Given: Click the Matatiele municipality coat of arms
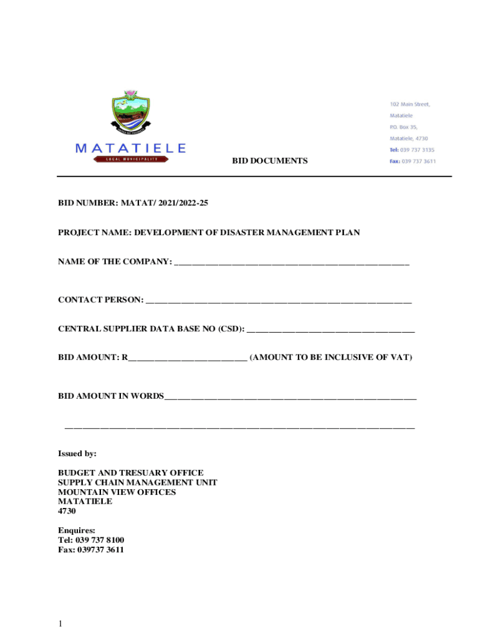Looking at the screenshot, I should pos(131,113).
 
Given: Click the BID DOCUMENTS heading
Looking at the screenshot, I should pos(270,161).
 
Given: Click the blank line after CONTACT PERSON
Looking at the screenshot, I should pos(278,301).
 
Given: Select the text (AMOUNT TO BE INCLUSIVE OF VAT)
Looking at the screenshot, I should pos(330,358).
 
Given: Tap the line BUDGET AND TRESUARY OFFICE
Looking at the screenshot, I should pos(131,473).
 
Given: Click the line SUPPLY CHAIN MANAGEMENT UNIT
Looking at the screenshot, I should pos(138,482).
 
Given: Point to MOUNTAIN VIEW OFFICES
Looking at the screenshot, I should pos(117,492).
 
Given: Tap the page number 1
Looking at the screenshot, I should pos(60,623).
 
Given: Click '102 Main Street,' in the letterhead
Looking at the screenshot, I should pos(410,104).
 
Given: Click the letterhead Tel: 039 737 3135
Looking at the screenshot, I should pos(411,150).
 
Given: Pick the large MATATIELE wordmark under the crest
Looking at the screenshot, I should pos(130,148).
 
